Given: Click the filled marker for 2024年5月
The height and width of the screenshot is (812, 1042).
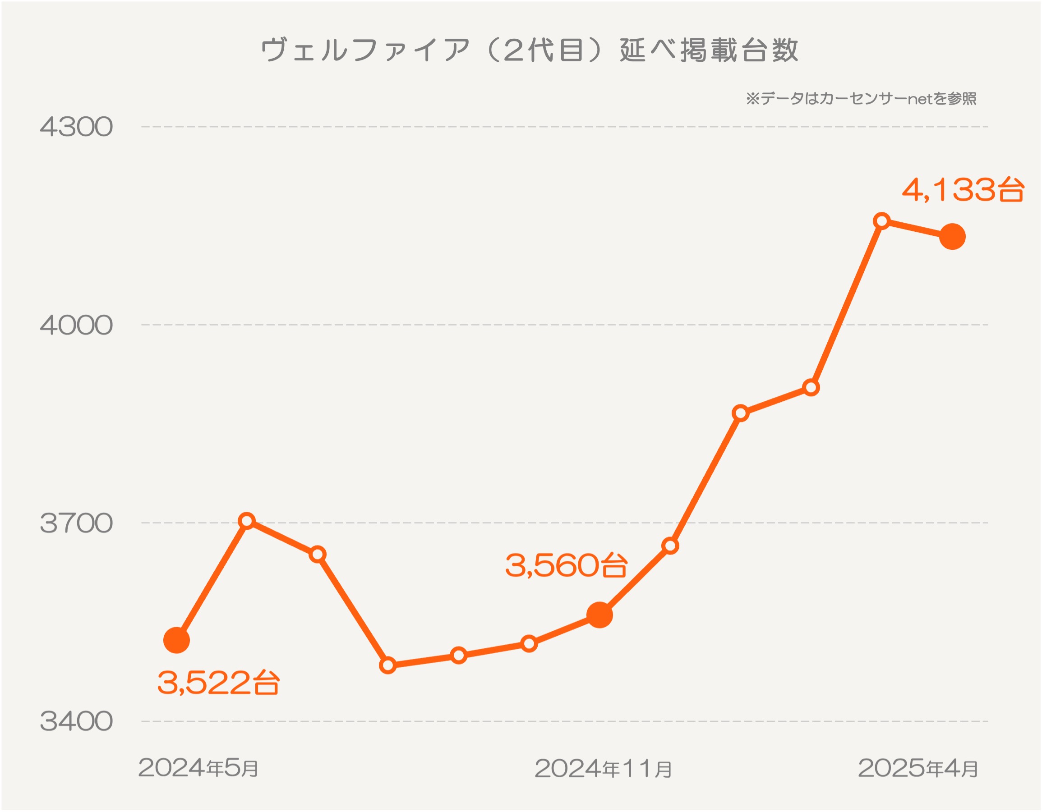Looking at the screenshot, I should pyautogui.click(x=176, y=640).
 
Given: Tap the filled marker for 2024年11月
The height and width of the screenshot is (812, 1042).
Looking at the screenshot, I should pyautogui.click(x=599, y=615).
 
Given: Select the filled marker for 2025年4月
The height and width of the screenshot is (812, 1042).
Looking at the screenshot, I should pyautogui.click(x=952, y=237).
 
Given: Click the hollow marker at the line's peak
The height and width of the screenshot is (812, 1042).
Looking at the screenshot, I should pyautogui.click(x=882, y=221).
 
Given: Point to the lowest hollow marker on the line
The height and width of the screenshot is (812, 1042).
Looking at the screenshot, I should pyautogui.click(x=388, y=665).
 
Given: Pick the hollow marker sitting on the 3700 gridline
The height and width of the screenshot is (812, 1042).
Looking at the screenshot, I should pyautogui.click(x=247, y=521).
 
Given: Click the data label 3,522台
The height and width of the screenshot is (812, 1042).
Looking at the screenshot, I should pyautogui.click(x=218, y=683).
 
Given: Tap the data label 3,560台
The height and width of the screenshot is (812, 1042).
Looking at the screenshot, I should pyautogui.click(x=566, y=565).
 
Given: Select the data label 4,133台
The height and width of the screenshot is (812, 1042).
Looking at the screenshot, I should pyautogui.click(x=963, y=190).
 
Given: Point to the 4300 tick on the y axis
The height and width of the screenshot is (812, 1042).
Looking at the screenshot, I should pyautogui.click(x=76, y=127).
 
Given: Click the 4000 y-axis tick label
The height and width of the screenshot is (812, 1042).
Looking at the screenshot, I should pyautogui.click(x=76, y=326).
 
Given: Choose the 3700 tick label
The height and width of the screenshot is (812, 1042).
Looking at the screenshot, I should pyautogui.click(x=76, y=523).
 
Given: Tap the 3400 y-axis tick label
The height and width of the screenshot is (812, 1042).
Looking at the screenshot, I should pyautogui.click(x=76, y=721).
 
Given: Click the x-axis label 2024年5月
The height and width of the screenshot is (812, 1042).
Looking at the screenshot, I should pyautogui.click(x=198, y=768).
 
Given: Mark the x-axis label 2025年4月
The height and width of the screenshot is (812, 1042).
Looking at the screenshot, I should pyautogui.click(x=918, y=768).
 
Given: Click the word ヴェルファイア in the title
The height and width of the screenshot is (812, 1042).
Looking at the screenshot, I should pyautogui.click(x=365, y=50).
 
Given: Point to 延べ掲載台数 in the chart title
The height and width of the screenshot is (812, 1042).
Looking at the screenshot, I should pyautogui.click(x=709, y=50).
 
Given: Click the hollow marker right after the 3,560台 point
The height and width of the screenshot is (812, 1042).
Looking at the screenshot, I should pyautogui.click(x=670, y=546).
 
